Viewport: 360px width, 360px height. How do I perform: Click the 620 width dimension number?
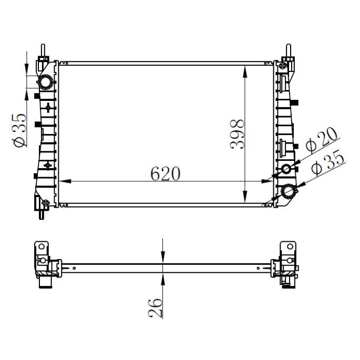tap(165, 173)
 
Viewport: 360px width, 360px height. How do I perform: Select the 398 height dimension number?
tap(238, 134)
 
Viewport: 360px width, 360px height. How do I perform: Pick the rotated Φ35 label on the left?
tap(19, 130)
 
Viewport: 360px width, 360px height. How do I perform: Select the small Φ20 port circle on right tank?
tap(287, 169)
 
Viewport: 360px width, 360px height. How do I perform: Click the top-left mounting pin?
tap(43, 51)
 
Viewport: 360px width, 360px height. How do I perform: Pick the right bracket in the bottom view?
tap(287, 262)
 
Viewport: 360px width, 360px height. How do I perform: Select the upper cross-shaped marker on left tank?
tap(48, 108)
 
